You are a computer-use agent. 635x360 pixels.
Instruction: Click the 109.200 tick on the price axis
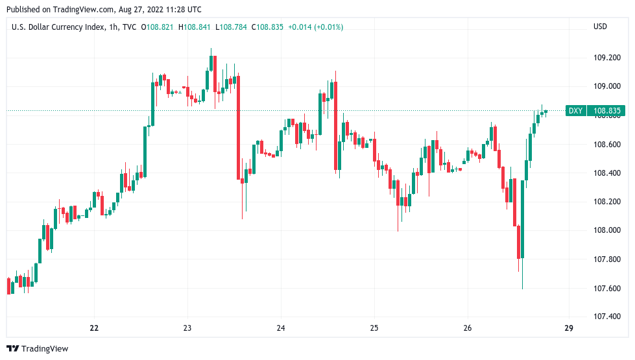[607, 58]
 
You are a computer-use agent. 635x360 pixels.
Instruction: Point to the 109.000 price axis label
[607, 86]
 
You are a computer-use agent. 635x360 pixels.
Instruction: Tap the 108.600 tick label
[607, 144]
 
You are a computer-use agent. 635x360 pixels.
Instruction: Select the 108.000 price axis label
[607, 230]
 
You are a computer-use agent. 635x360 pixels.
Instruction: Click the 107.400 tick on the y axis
[607, 317]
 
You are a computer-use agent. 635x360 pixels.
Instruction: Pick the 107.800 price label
[607, 259]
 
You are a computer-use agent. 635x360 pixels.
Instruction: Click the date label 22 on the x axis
[94, 328]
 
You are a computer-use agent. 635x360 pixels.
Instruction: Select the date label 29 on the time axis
[569, 328]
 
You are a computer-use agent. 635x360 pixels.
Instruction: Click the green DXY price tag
[575, 111]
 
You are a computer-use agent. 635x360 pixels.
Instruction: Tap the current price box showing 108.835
[607, 111]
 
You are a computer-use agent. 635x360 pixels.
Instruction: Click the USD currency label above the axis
[600, 27]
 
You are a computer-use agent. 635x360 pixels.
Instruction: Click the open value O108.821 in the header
[158, 27]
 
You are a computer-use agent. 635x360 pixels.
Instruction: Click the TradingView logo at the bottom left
[38, 349]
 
